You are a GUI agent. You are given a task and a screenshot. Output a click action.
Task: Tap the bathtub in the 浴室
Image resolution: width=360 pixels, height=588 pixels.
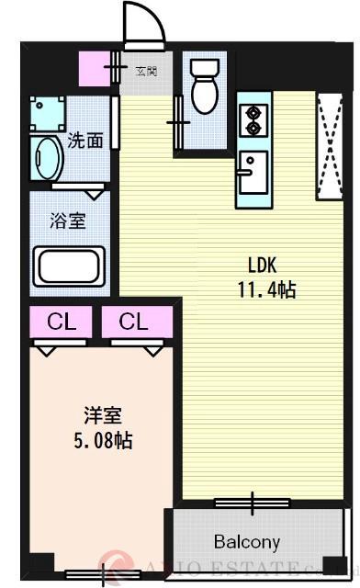pyautogui.click(x=69, y=266)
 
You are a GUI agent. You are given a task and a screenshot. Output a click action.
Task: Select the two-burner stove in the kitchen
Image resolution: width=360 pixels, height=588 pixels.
pyautogui.click(x=250, y=119)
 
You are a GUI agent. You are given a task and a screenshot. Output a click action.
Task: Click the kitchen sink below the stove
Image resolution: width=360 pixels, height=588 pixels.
pyautogui.click(x=250, y=169)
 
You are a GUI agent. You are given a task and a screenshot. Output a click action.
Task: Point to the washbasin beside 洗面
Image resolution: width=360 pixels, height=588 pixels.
pyautogui.click(x=46, y=159)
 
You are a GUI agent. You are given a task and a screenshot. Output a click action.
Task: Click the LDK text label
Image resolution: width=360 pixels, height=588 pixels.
pyautogui.click(x=262, y=266)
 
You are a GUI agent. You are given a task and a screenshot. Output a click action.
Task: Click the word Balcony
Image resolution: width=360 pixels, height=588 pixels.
pyautogui.click(x=247, y=541)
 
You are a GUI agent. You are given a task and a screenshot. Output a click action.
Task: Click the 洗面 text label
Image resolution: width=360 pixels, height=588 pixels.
pyautogui.click(x=84, y=141)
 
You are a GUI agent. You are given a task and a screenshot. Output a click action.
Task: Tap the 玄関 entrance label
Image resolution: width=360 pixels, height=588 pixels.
pyautogui.click(x=147, y=70)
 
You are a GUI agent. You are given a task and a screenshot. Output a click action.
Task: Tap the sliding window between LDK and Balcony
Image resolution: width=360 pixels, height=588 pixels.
pyautogui.click(x=253, y=502)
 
